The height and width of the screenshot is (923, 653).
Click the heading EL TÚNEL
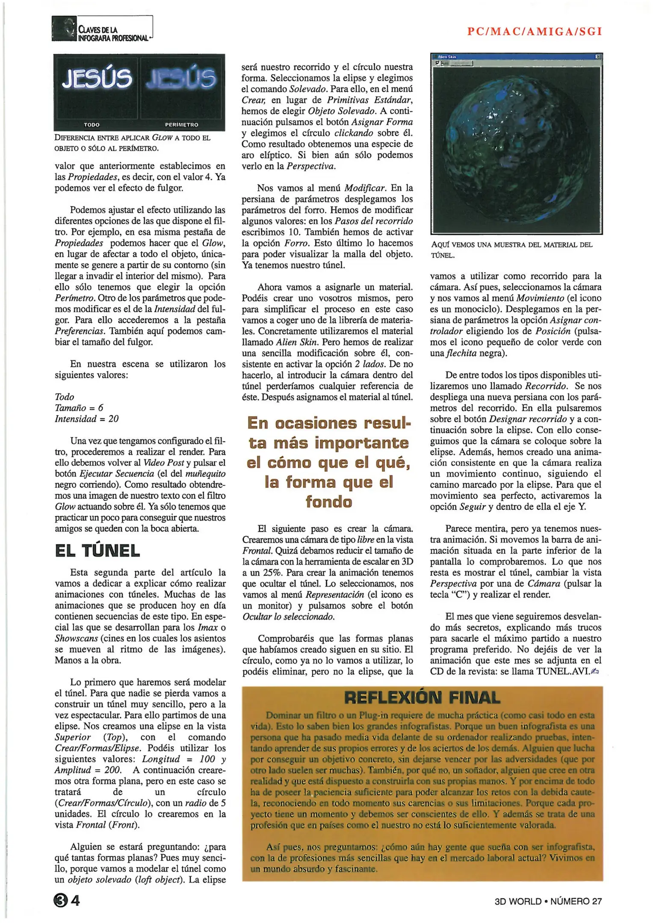[98, 551]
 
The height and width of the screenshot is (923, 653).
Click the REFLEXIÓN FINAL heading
[422, 698]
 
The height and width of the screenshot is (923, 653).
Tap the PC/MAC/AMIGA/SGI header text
[535, 31]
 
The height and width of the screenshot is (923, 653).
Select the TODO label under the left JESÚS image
[92, 125]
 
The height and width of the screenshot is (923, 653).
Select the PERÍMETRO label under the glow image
[182, 125]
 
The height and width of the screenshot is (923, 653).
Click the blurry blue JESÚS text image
[181, 79]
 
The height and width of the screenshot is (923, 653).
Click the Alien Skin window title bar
[513, 56]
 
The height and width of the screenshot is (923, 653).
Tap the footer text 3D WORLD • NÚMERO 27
[548, 901]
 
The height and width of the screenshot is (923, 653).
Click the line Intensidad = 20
[87, 419]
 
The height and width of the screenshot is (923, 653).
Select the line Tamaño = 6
[79, 408]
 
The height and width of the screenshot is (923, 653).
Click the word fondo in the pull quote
[328, 502]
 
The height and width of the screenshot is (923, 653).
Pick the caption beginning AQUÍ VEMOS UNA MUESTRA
[511, 250]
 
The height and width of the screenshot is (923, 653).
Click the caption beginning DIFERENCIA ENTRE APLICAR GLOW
[133, 143]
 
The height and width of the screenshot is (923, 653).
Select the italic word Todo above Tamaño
[65, 397]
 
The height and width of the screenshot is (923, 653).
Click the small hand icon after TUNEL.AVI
[594, 672]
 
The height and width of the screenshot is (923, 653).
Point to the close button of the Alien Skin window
[598, 56]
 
